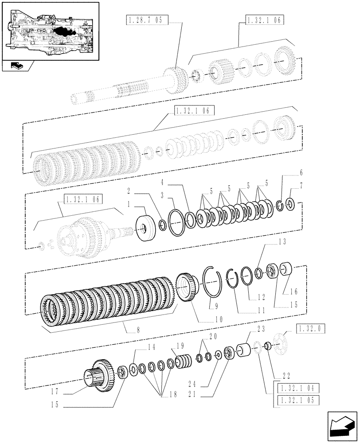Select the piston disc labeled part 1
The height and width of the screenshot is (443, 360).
(144, 228)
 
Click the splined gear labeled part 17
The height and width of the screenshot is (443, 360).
(100, 376)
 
